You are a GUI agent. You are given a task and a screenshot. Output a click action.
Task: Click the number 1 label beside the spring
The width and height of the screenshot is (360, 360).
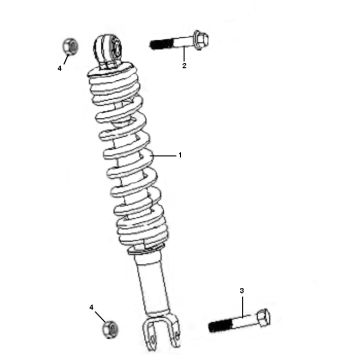point(180,156)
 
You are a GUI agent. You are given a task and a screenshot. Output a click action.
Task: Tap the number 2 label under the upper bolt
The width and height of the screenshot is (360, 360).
point(184,67)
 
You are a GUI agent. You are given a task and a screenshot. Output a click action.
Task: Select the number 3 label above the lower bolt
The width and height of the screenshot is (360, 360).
point(241,290)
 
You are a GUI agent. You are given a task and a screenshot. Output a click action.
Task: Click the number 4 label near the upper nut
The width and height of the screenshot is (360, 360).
point(59,69)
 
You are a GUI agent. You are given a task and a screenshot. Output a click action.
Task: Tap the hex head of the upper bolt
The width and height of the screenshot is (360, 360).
point(199,42)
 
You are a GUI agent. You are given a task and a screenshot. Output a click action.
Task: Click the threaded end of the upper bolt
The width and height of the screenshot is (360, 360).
point(160,44)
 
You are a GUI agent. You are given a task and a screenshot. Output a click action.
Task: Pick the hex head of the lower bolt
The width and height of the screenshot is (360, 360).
point(259,320)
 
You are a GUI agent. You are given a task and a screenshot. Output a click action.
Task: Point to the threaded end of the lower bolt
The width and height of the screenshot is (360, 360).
point(220,326)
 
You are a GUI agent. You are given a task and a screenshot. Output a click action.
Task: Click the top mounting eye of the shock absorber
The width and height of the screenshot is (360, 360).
point(108,47)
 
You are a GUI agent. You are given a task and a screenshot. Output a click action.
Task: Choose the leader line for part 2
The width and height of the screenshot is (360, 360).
point(184,56)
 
